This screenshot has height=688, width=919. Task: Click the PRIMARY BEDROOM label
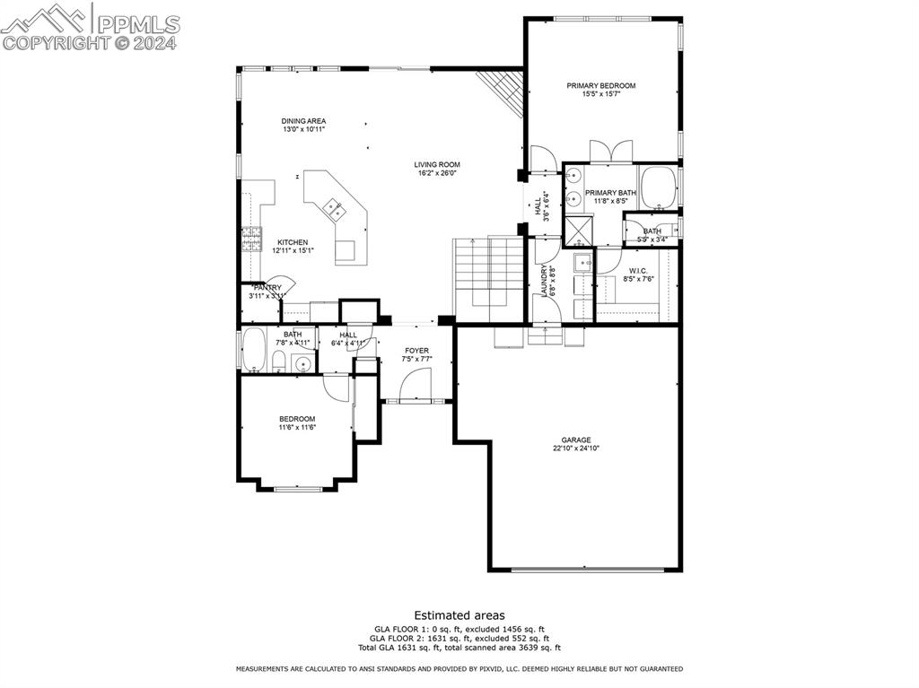[600, 85]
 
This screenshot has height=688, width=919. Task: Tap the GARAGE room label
[575, 440]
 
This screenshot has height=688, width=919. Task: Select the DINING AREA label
[303, 121]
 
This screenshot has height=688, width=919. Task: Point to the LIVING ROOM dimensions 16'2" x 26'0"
[437, 173]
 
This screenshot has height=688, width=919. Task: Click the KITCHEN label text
[293, 242]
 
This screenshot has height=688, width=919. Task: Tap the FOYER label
[416, 351]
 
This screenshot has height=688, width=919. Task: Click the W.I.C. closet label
[638, 271]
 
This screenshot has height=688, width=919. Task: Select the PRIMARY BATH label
[610, 193]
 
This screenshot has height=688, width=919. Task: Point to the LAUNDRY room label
[545, 281]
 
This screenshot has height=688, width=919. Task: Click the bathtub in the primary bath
[659, 188]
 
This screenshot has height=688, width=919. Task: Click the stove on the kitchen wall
[251, 239]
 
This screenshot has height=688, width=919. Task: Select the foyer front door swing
[416, 384]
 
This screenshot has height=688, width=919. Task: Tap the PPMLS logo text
[138, 24]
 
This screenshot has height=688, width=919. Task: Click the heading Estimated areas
[459, 615]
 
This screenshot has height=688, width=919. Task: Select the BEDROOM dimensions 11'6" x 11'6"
[297, 427]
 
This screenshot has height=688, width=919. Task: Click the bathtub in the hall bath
[254, 350]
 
